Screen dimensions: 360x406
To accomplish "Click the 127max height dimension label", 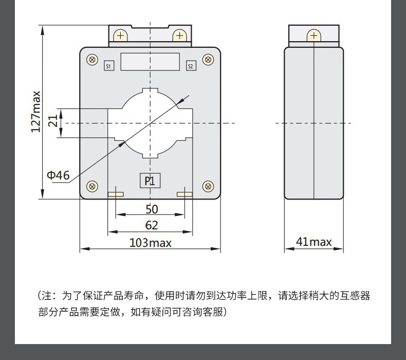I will (35, 112).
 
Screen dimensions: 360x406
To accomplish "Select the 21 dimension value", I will (53, 121).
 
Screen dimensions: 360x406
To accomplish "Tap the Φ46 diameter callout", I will (58, 175).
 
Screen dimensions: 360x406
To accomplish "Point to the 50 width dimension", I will (151, 209).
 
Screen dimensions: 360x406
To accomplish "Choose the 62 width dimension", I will (151, 225).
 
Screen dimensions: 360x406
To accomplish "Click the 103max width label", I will (150, 242).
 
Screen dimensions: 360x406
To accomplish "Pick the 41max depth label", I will (314, 242).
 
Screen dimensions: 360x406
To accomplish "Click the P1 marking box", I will (150, 181).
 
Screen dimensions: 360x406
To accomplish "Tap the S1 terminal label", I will (108, 66).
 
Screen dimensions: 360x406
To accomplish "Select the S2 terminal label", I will (190, 66).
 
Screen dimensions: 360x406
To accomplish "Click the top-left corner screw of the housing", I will (93, 60).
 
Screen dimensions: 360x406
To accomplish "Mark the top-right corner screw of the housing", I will (208, 60).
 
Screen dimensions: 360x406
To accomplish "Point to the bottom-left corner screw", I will (93, 186).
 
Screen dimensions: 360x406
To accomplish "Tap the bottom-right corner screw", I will (208, 186).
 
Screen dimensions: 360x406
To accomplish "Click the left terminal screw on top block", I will (121, 35).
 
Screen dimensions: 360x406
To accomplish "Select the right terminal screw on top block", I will (179, 35).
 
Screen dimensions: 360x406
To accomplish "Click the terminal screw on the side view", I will (313, 35).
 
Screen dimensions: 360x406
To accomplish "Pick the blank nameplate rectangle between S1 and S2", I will (150, 61).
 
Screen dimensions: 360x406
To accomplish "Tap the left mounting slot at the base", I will (116, 194).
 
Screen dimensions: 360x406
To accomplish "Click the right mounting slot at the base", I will (184, 194).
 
